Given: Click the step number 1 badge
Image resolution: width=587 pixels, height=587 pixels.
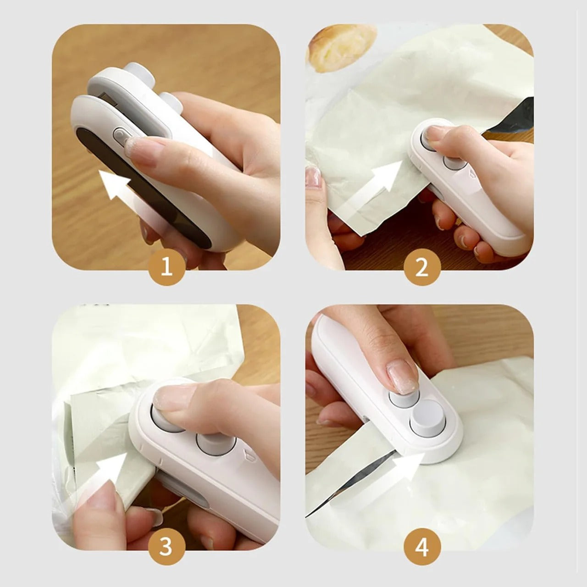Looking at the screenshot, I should [x=167, y=266].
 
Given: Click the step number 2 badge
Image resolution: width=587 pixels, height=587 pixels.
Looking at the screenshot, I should [x=422, y=266].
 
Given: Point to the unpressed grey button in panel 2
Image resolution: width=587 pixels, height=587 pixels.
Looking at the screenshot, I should [x=452, y=163].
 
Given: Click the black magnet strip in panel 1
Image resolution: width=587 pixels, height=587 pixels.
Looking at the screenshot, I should [x=138, y=193].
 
